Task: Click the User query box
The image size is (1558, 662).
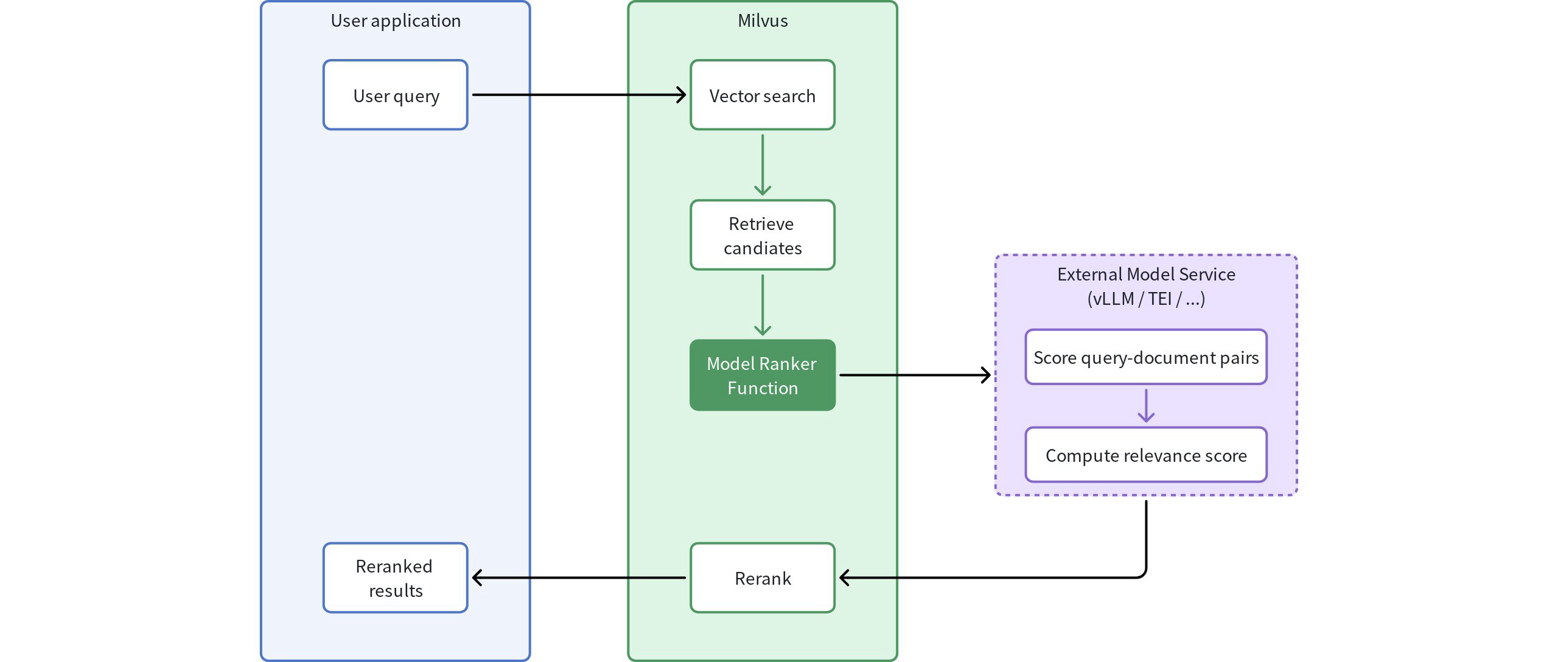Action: pyautogui.click(x=396, y=95)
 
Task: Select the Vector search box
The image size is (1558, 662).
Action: pyautogui.click(x=762, y=95)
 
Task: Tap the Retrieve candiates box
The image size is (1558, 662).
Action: pyautogui.click(x=762, y=235)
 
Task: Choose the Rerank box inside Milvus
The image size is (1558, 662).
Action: pyautogui.click(x=762, y=578)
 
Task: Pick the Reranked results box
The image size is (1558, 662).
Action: pyautogui.click(x=396, y=578)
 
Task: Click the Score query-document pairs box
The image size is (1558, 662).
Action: pyautogui.click(x=1145, y=357)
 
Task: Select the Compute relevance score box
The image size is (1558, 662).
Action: pyautogui.click(x=1145, y=455)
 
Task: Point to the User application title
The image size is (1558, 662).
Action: pyautogui.click(x=396, y=21)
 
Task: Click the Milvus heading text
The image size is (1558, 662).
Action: pyautogui.click(x=762, y=21)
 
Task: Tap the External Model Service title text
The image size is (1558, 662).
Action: pyautogui.click(x=1145, y=274)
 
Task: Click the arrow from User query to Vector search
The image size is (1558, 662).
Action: pyautogui.click(x=578, y=95)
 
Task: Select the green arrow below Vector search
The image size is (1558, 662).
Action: pyautogui.click(x=762, y=164)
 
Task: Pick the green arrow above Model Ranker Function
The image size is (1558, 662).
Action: pyautogui.click(x=762, y=304)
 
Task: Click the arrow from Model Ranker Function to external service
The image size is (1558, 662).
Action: pyautogui.click(x=913, y=375)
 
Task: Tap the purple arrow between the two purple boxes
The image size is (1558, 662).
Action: pyautogui.click(x=1145, y=406)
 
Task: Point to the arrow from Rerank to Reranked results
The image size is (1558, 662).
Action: pyautogui.click(x=578, y=578)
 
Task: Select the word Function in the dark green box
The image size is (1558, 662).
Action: pyautogui.click(x=762, y=388)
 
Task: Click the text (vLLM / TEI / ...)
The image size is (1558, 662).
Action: pyautogui.click(x=1145, y=299)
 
